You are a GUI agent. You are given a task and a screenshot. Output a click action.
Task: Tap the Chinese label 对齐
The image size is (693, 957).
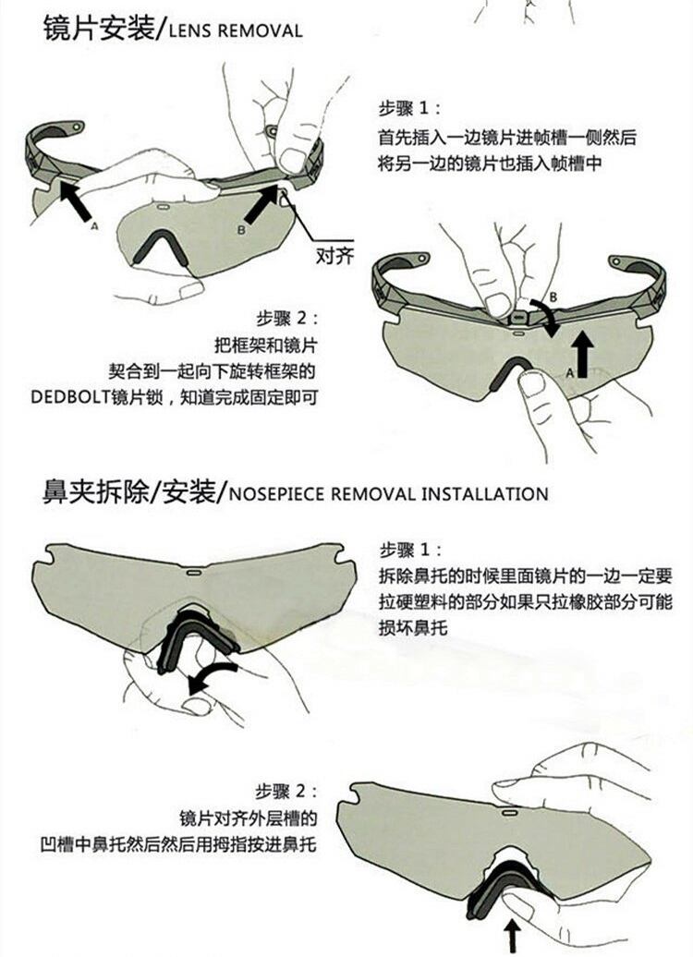click(334, 253)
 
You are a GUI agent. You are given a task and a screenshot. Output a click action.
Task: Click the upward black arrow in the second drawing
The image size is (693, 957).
click(583, 352)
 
